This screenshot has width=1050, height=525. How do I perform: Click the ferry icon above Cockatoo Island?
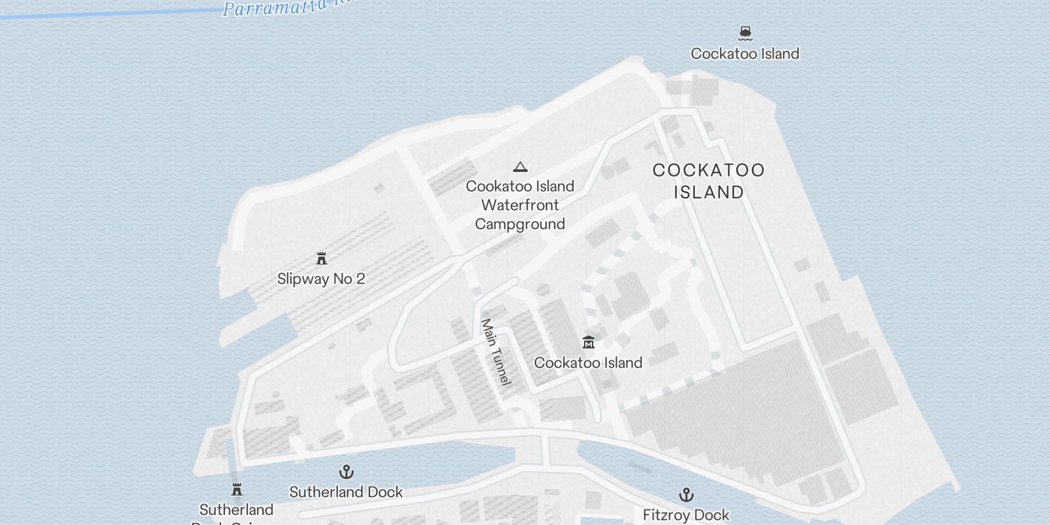[745, 32]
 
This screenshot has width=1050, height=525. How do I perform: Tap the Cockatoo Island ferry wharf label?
[745, 54]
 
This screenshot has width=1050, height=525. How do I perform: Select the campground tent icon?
[520, 167]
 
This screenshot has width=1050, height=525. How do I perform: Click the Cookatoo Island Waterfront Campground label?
[520, 205]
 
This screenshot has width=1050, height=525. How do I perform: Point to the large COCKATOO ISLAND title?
[709, 181]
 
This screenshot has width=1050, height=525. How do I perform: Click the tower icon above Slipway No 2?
[322, 259]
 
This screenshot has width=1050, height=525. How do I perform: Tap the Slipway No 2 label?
[321, 279]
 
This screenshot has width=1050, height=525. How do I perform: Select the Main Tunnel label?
[496, 352]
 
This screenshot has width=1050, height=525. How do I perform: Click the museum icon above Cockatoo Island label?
[588, 342]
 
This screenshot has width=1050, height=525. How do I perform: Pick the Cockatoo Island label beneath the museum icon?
[588, 363]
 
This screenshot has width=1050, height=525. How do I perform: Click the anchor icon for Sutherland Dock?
[346, 472]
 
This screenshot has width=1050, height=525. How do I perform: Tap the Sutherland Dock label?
[346, 492]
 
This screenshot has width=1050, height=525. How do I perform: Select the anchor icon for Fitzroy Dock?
[686, 495]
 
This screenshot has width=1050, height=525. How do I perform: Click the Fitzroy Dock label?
[686, 515]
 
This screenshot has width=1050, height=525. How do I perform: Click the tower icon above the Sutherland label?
[237, 490]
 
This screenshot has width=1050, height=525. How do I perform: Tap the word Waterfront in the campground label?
[520, 205]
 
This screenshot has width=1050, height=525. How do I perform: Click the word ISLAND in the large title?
[709, 192]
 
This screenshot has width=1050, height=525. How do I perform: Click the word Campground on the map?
[520, 224]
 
